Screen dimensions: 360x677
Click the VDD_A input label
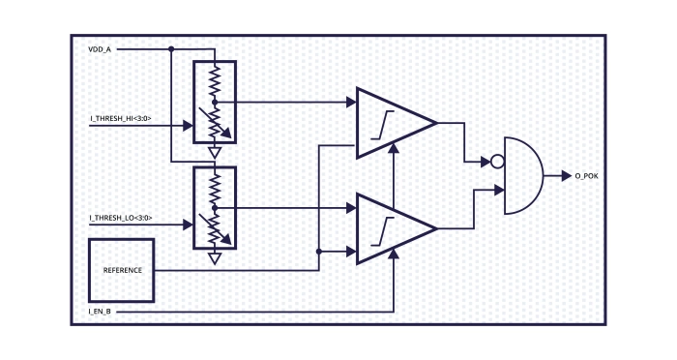tap(99, 47)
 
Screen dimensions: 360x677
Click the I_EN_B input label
tap(100, 312)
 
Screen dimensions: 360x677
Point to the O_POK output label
tap(587, 176)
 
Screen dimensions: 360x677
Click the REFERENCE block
tap(123, 270)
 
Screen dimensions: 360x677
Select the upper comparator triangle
tap(392, 123)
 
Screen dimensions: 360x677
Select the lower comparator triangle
tap(392, 228)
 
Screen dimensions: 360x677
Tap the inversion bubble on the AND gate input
tap(497, 162)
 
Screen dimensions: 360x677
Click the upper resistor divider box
tap(215, 103)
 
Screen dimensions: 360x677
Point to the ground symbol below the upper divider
tap(215, 152)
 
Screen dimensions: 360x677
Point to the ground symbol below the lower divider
tap(215, 258)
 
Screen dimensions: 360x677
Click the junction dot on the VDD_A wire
tap(171, 47)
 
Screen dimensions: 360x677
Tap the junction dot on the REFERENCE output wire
tap(318, 252)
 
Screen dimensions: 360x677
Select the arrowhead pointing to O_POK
tap(565, 176)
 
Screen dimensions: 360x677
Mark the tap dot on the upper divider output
tap(215, 101)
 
